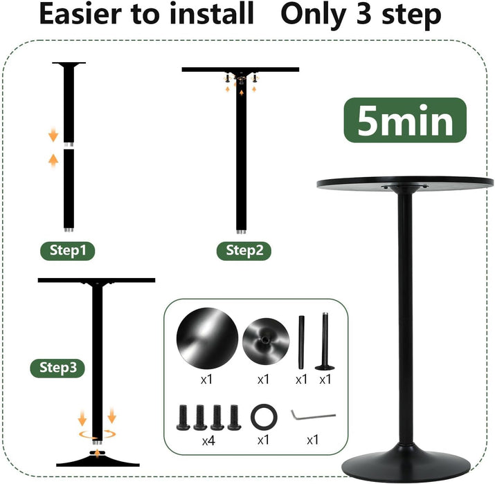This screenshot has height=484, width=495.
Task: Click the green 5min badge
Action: click(x=405, y=121)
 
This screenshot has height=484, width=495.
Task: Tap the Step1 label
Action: click(x=67, y=250)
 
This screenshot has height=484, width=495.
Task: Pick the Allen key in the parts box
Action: click(x=312, y=415)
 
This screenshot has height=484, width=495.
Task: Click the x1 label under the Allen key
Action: click(x=312, y=440)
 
